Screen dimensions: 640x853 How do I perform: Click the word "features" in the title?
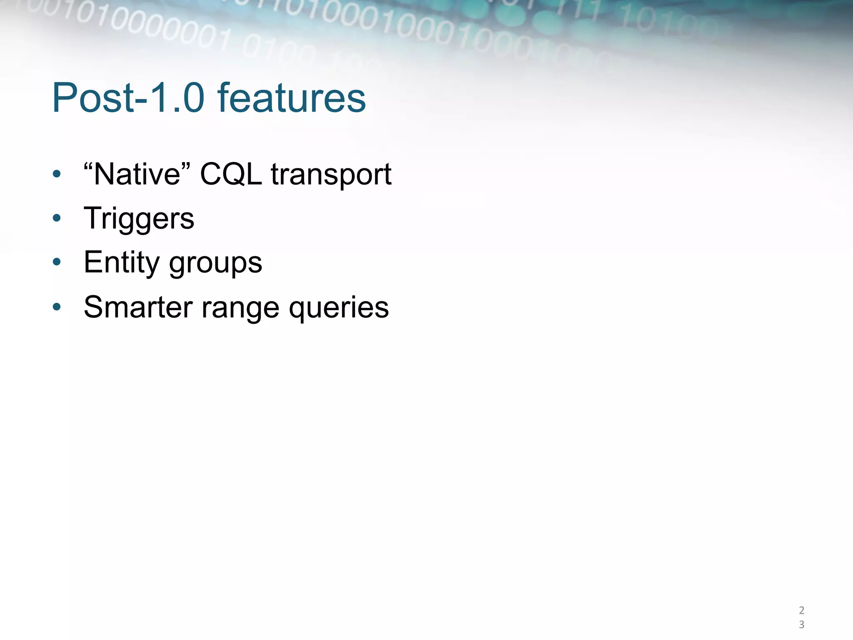click(x=292, y=98)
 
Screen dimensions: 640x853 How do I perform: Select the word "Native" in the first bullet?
click(x=137, y=174)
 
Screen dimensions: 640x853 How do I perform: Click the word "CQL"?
click(x=231, y=174)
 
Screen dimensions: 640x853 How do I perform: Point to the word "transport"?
click(x=331, y=175)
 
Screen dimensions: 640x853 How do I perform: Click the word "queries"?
click(x=339, y=308)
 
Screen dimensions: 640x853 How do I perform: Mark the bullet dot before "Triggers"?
click(x=57, y=218)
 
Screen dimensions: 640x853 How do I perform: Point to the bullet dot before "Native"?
click(x=57, y=174)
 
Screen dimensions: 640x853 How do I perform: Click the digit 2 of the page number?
click(x=801, y=610)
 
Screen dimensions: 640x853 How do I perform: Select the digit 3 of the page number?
click(x=801, y=625)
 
